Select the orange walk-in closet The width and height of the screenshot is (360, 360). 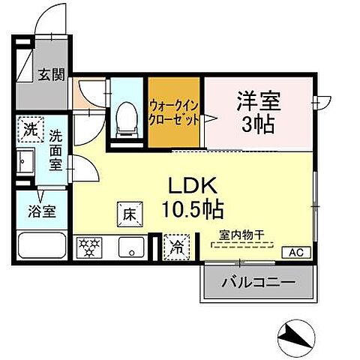[x=174, y=112]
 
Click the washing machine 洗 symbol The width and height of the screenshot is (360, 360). [x=30, y=129]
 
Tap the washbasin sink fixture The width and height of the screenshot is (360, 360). [x=25, y=160]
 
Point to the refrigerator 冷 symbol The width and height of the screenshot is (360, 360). [x=177, y=245]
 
